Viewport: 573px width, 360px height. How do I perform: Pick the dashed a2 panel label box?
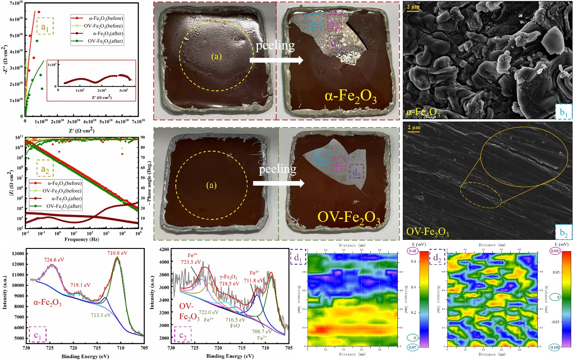pyautogui.click(x=45, y=169)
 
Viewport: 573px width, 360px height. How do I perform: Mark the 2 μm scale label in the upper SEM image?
pyautogui.click(x=413, y=8)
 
